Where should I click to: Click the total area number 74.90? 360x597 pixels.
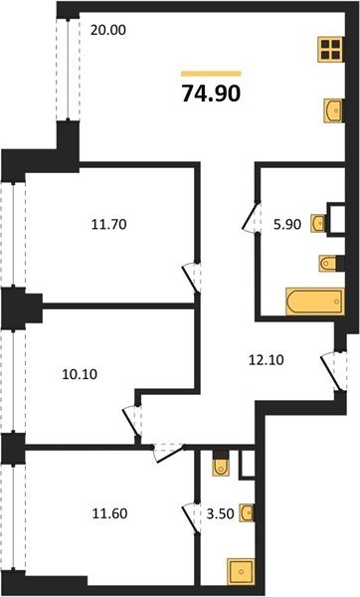click(x=211, y=94)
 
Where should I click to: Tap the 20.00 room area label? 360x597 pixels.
click(x=108, y=30)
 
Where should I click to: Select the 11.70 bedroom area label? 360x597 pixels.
click(x=108, y=224)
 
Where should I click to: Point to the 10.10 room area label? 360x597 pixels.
click(x=80, y=374)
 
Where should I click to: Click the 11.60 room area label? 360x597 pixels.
click(x=110, y=513)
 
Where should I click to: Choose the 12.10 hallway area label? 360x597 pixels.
click(x=266, y=360)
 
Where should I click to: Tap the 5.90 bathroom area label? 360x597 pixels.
click(x=287, y=224)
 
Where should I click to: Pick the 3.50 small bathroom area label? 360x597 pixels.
click(x=220, y=513)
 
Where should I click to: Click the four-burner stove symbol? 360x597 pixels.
click(x=330, y=50)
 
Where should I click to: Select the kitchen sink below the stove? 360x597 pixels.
click(x=333, y=110)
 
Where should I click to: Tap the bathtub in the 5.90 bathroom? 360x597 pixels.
click(x=314, y=301)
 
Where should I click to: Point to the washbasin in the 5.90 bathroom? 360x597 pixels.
click(x=318, y=223)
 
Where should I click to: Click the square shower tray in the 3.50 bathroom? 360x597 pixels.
click(x=241, y=571)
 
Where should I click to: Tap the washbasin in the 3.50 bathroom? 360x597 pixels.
click(x=247, y=512)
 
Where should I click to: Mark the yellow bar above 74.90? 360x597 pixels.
click(x=211, y=74)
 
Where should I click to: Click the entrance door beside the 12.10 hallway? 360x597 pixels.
click(x=334, y=371)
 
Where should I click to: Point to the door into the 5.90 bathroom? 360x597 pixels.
click(x=252, y=217)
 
